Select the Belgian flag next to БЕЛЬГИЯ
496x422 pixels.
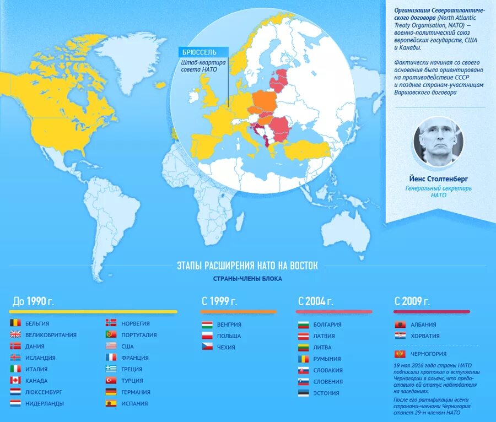(15, 323)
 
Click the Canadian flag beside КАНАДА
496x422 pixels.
(15, 381)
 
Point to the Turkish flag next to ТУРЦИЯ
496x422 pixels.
(111, 381)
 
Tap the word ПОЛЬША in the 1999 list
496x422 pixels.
(229, 336)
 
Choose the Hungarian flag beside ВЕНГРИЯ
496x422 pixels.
(207, 324)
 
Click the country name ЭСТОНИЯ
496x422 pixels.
(326, 393)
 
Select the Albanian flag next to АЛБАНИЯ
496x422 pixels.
(401, 324)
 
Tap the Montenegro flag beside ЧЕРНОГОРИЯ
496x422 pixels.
(401, 354)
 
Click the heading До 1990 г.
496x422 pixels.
(33, 301)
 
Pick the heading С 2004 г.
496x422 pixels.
(315, 301)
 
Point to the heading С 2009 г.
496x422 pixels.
(412, 301)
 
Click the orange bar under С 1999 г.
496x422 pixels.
(238, 312)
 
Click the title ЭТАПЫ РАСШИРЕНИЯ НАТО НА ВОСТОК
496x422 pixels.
(247, 266)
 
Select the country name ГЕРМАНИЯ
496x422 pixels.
(135, 392)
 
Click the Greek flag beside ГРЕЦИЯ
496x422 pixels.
(111, 369)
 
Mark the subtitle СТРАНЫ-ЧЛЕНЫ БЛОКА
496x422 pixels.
(247, 279)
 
